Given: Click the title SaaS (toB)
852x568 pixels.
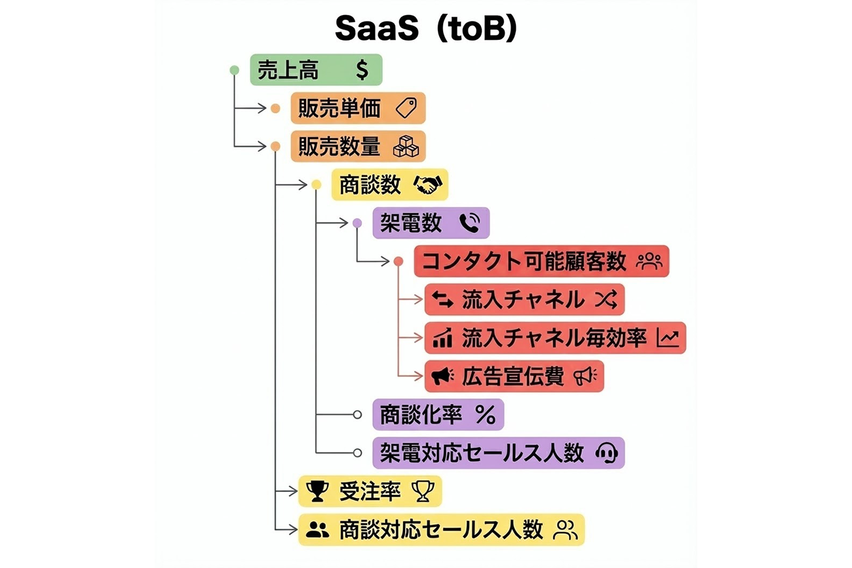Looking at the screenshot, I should click(x=426, y=29).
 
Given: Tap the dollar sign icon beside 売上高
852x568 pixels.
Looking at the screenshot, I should click(x=362, y=70).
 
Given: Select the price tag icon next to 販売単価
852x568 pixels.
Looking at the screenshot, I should click(x=406, y=108).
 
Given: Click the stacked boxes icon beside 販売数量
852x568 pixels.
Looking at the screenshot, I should click(x=406, y=147).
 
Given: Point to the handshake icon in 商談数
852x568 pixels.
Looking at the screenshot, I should click(x=428, y=185).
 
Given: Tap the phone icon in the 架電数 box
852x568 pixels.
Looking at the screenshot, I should click(x=469, y=223).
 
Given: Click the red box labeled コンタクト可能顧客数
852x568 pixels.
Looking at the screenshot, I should click(x=541, y=262).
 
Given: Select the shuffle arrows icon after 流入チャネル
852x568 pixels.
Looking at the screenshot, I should click(x=606, y=300).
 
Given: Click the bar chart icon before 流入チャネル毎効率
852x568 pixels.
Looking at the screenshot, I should click(x=442, y=339).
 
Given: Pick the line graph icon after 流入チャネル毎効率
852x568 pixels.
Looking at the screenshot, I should click(x=669, y=339).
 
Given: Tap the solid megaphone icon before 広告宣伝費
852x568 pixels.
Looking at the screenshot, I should click(x=442, y=376).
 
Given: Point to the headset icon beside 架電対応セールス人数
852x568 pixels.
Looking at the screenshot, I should click(x=606, y=453).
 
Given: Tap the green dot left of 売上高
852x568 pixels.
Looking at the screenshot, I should click(x=235, y=69).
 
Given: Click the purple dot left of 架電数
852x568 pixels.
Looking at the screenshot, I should click(x=357, y=223).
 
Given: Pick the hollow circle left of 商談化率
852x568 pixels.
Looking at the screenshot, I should click(x=357, y=415).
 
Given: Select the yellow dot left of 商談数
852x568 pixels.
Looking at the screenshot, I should click(x=317, y=185).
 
